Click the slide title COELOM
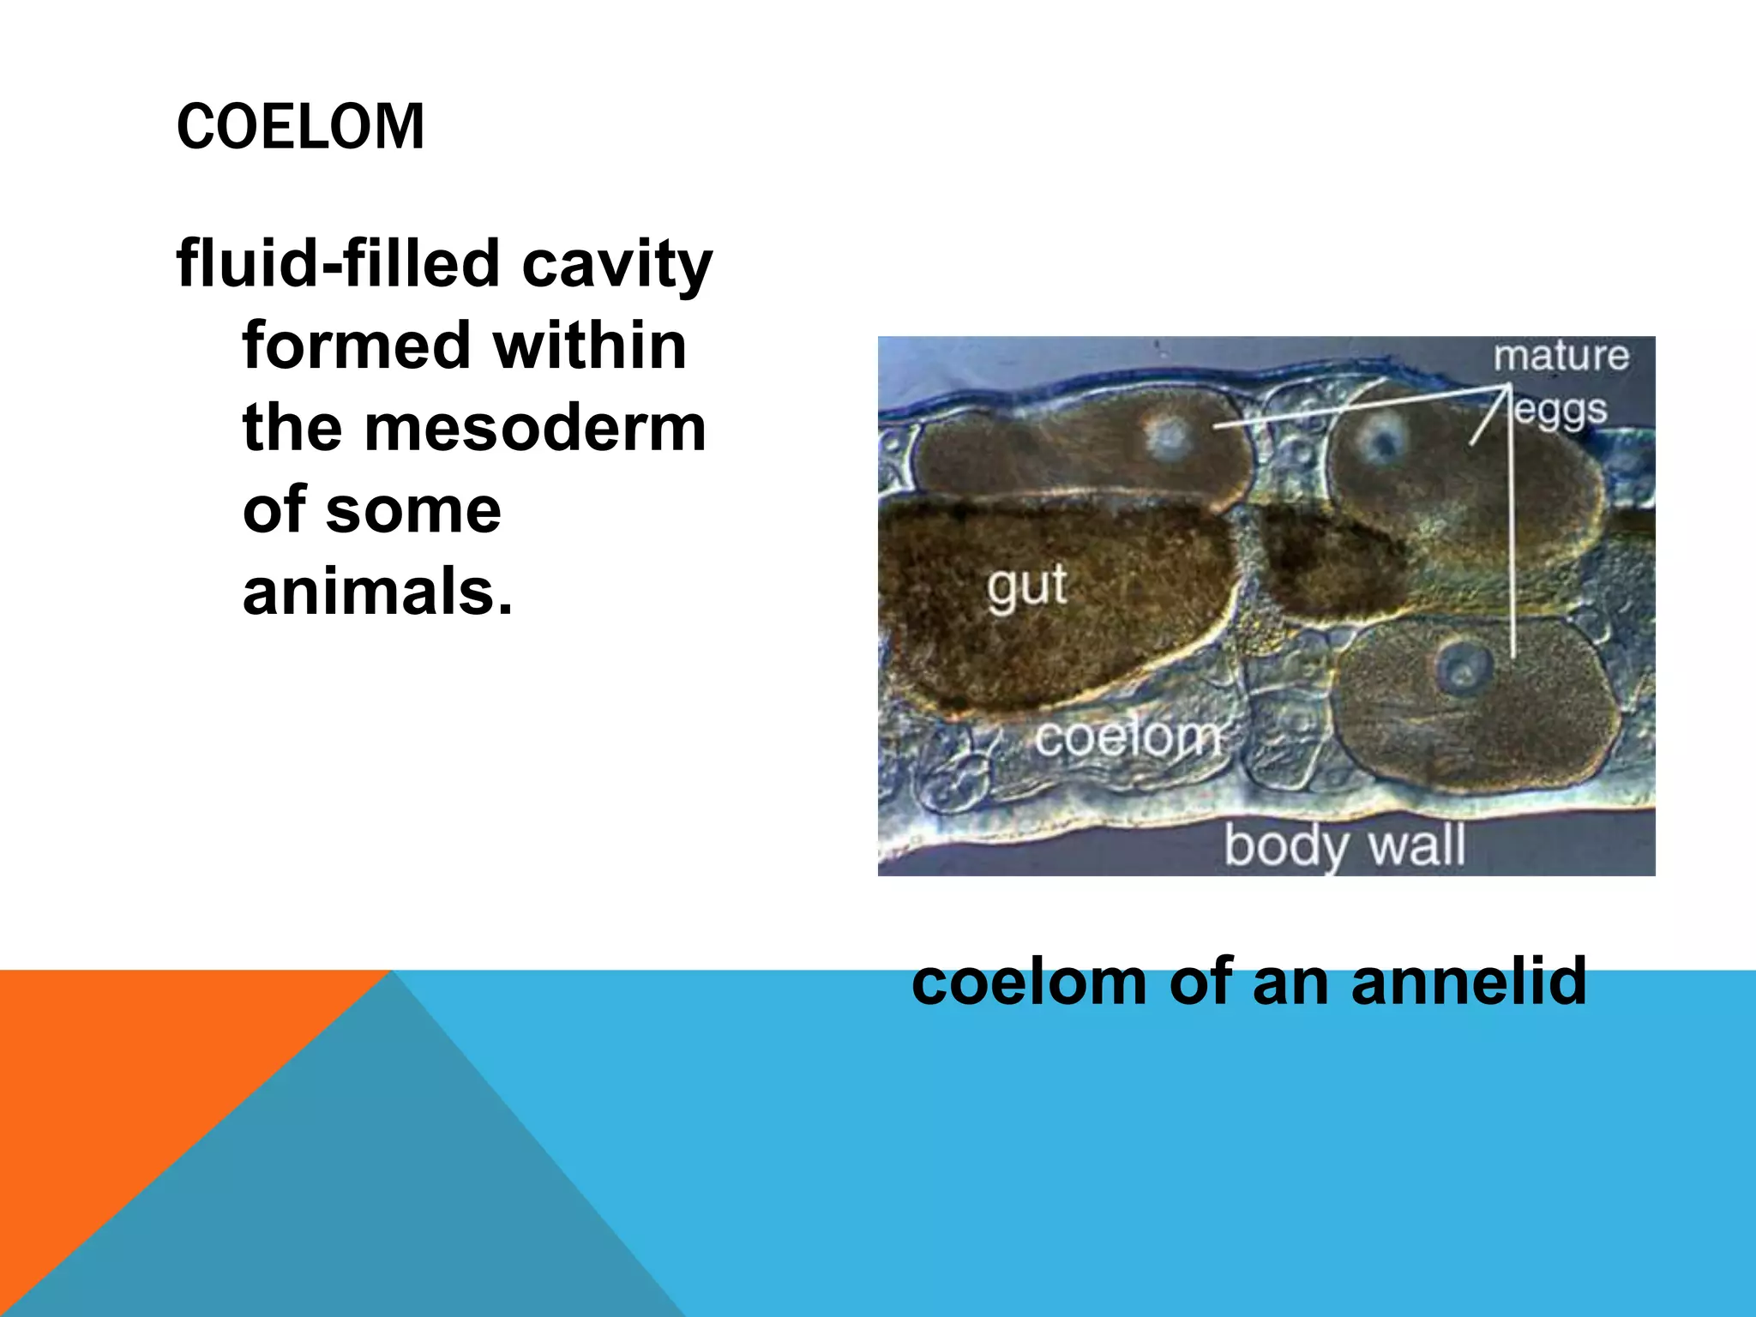tap(300, 127)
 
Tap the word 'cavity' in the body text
tap(617, 264)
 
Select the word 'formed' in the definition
tap(357, 345)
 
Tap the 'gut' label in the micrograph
tap(1026, 588)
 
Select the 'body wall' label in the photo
tap(1344, 845)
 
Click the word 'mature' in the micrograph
tap(1561, 356)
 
